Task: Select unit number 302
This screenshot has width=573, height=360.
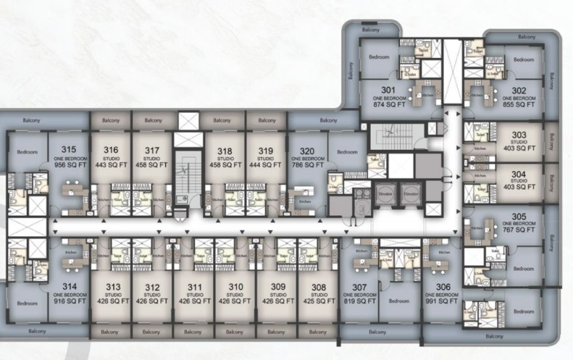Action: [519, 90]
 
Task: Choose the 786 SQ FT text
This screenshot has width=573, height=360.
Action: [306, 165]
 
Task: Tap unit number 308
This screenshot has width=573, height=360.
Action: [319, 287]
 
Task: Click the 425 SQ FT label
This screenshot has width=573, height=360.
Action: [319, 301]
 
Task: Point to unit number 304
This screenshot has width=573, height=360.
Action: [519, 174]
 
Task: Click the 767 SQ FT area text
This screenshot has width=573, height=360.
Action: [519, 230]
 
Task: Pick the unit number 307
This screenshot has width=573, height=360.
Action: [359, 287]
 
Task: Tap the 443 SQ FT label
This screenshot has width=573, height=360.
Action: [111, 165]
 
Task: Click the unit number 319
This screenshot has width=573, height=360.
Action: [265, 150]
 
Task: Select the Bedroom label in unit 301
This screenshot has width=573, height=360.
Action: [379, 57]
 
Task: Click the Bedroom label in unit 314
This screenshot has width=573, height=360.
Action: [27, 303]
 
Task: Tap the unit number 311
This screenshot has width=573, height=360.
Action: [194, 287]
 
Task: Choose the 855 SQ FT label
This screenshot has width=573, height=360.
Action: [519, 105]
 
